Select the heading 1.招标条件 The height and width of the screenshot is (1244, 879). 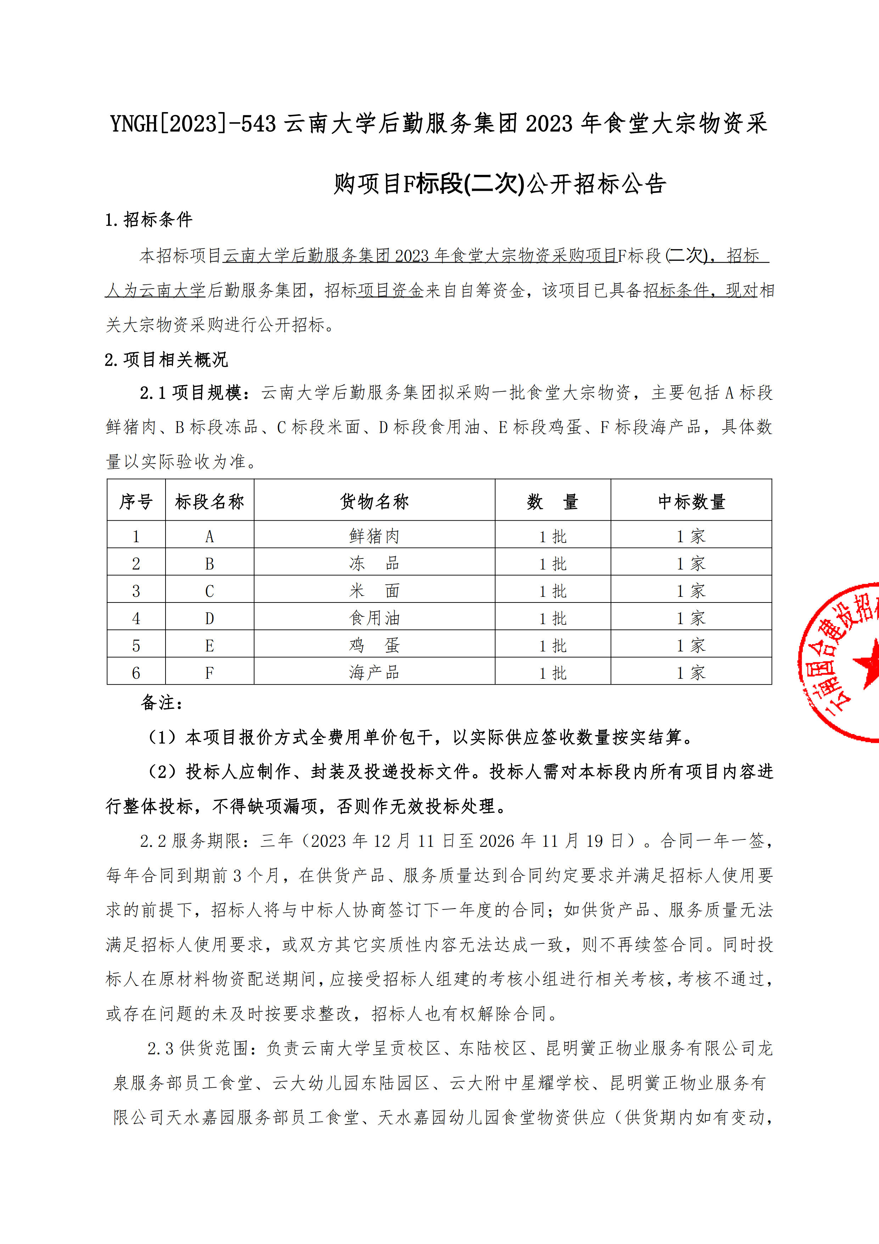pyautogui.click(x=149, y=220)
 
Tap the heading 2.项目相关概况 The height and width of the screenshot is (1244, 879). pyautogui.click(x=166, y=359)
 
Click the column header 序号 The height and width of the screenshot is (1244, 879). pyautogui.click(x=136, y=501)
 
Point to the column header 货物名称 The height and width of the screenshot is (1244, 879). pyautogui.click(x=374, y=501)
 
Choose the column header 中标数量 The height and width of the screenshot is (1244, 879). pyautogui.click(x=691, y=501)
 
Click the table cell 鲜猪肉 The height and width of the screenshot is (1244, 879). pyautogui.click(x=374, y=536)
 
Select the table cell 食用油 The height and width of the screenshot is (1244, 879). pyautogui.click(x=374, y=618)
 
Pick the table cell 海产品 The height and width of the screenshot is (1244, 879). pyautogui.click(x=374, y=672)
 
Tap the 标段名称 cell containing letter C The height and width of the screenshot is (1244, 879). pyautogui.click(x=209, y=590)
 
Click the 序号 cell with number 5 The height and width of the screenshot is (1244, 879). pyautogui.click(x=136, y=645)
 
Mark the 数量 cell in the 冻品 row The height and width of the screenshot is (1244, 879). pyautogui.click(x=553, y=563)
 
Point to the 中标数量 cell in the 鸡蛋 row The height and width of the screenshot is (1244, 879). pyautogui.click(x=691, y=645)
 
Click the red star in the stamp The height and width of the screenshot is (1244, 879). pyautogui.click(x=868, y=662)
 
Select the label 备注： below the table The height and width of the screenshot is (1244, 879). pyautogui.click(x=162, y=703)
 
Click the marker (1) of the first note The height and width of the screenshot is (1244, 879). pyautogui.click(x=162, y=737)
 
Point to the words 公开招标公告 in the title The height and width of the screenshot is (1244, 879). pyautogui.click(x=596, y=184)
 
